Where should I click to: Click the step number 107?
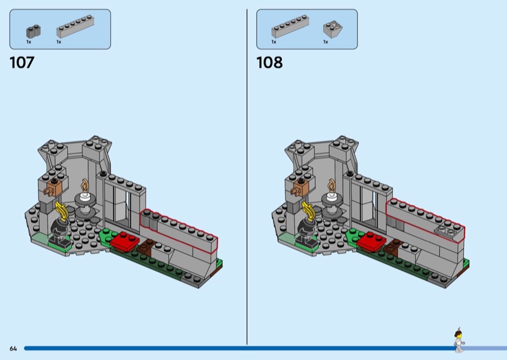coord(22,62)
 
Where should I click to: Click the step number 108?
coord(269,62)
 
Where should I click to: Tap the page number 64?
coord(13,349)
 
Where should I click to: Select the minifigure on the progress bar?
coord(459,340)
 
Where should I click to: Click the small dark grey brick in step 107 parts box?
coord(33,32)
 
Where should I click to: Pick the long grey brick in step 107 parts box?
coord(75,27)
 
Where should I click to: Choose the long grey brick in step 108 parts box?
coord(290,27)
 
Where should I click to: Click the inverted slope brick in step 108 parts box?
coord(333,29)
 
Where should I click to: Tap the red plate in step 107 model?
coord(124,241)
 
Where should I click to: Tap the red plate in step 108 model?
coord(371,241)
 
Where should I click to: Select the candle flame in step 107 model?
coord(85,185)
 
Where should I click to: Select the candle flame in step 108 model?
coord(331,185)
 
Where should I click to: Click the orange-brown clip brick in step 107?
coord(53,188)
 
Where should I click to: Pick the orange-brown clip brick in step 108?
coord(300,188)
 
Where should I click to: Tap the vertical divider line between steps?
coord(247,177)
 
